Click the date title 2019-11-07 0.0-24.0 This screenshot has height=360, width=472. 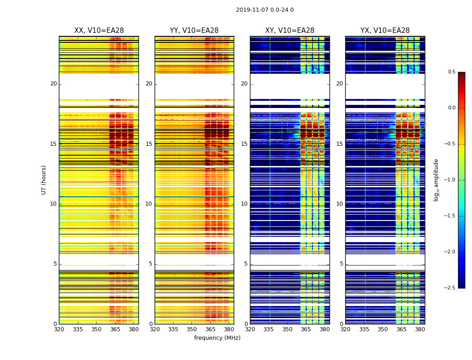coord(265,10)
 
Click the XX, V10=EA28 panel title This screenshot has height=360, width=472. coord(99,31)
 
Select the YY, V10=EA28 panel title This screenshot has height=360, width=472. coord(194,31)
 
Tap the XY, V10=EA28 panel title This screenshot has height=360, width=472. coord(289,31)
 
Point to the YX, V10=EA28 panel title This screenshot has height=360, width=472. coord(385,31)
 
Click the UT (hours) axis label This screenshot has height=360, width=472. coord(44,180)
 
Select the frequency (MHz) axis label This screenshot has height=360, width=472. coord(217,338)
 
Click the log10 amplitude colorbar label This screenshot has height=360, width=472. coord(436,180)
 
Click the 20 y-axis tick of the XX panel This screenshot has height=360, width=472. coord(53,84)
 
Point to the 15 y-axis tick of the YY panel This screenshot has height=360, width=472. coord(149,144)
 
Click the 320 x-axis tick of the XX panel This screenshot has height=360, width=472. coord(59,329)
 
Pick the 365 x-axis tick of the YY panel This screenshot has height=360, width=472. coord(210,329)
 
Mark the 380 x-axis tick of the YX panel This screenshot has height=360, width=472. coord(420,329)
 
